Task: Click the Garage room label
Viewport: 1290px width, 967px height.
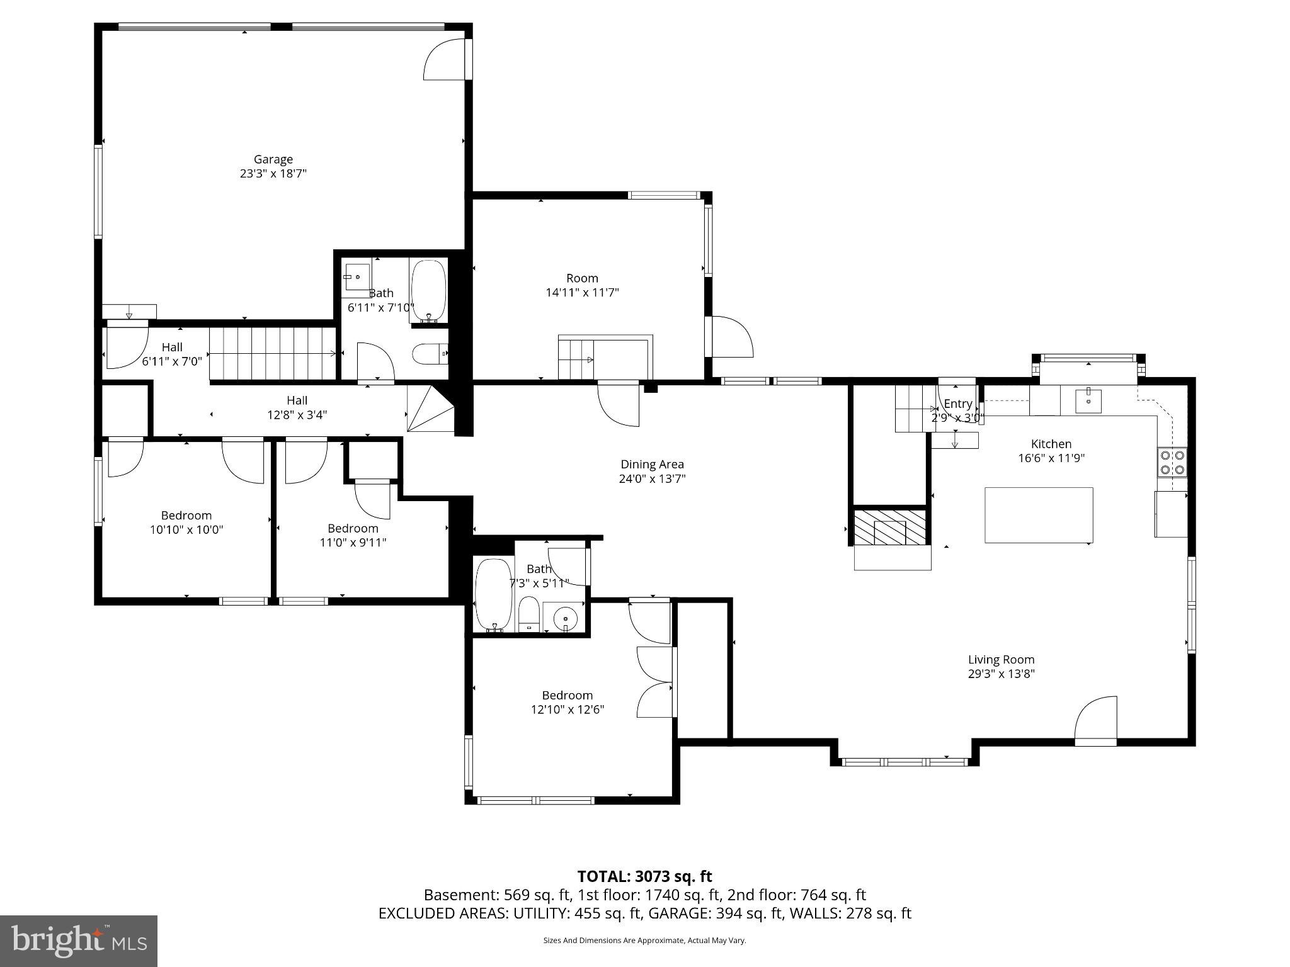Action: pos(273,160)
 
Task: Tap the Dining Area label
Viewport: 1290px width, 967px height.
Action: pos(652,465)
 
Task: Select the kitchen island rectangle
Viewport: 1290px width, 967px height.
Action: pos(1038,515)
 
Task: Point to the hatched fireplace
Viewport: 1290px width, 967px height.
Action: pos(889,527)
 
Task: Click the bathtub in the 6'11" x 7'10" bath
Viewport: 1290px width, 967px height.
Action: pos(428,291)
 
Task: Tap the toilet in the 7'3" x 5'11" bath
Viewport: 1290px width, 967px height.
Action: pos(529,614)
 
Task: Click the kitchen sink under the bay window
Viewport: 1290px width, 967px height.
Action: pos(1088,401)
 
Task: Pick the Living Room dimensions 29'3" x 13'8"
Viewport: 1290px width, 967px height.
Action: pos(1001,674)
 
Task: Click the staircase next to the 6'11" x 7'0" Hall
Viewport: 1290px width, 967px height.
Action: pos(272,354)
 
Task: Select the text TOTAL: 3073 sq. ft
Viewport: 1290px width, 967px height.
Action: pos(644,876)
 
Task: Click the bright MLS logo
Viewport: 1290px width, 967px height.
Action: pos(79,941)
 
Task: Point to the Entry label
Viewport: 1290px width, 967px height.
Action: pos(957,404)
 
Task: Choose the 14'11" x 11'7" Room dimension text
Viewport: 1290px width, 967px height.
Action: pos(582,292)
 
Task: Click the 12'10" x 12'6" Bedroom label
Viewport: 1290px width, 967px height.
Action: pos(567,695)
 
